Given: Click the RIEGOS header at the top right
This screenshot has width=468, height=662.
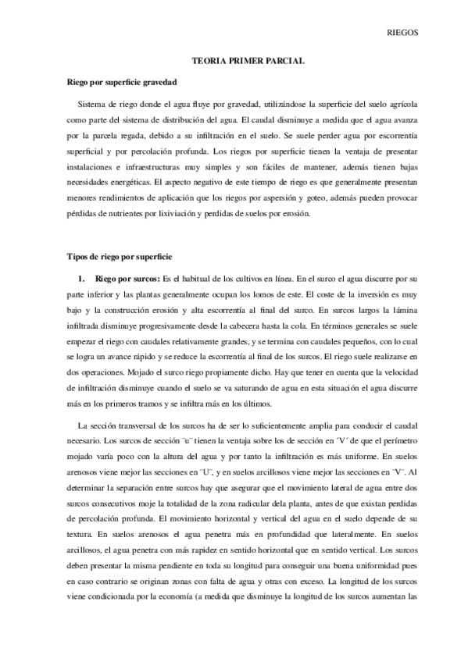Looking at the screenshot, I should click(404, 33).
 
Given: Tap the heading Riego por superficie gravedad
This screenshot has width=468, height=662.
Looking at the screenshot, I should click(122, 80).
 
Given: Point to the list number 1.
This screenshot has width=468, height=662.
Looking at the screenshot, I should click(80, 278).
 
